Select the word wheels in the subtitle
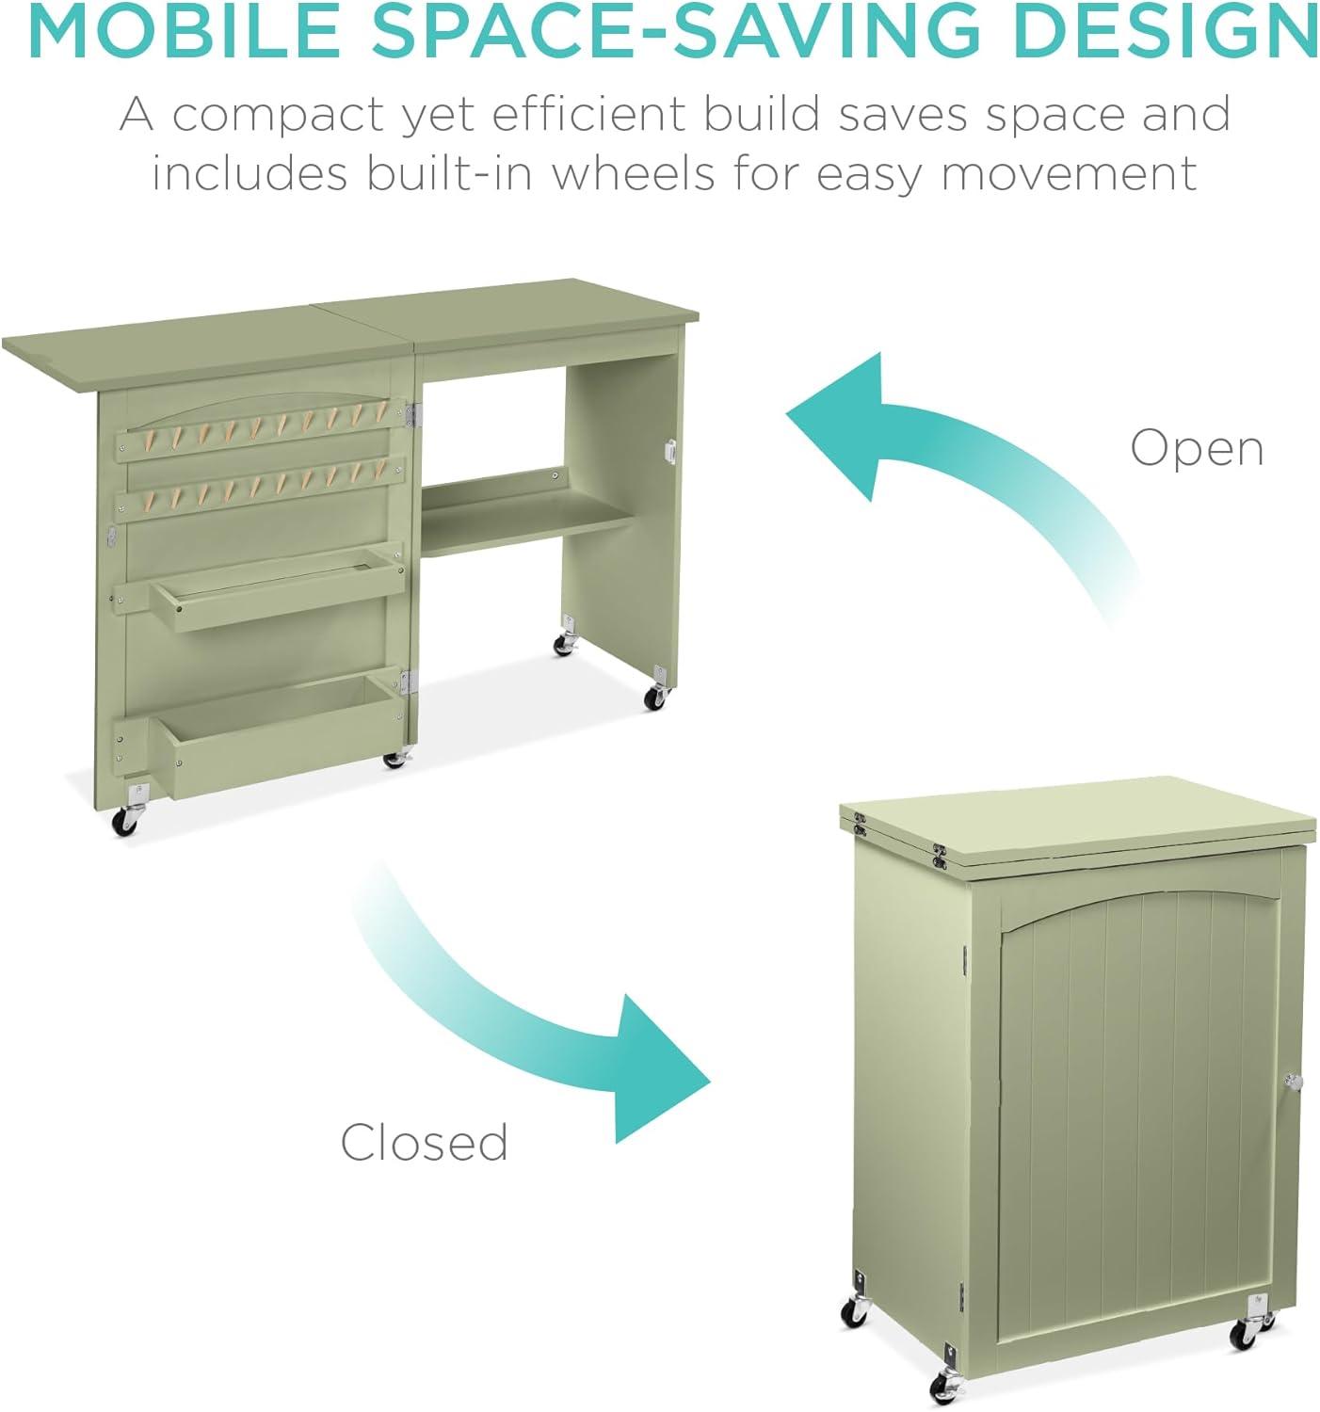(x=623, y=173)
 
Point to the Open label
(x=1197, y=449)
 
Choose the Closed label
(x=425, y=1142)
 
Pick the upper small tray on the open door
(x=278, y=586)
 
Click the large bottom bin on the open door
(x=274, y=732)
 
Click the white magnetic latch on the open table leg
(x=669, y=452)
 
